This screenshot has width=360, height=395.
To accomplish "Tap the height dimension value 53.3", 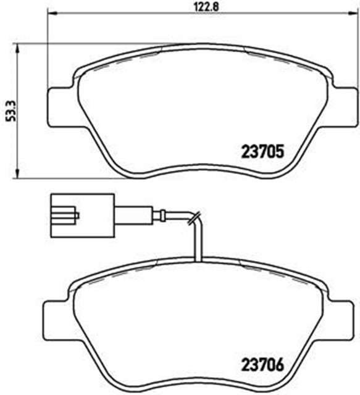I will pyautogui.click(x=8, y=107).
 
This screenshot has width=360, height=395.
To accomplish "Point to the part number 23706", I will pyautogui.click(x=261, y=365).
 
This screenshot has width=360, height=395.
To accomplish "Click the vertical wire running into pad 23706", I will pyautogui.click(x=196, y=244).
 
